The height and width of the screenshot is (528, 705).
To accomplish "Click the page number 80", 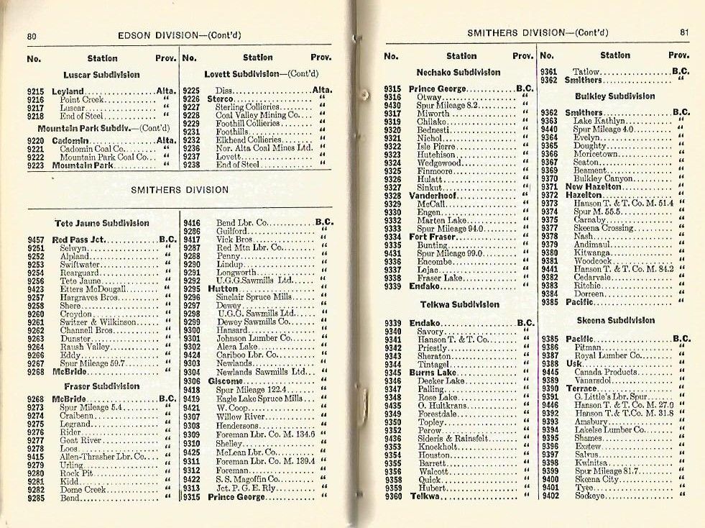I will pos(32,35).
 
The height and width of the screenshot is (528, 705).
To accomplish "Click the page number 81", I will pos(683,32).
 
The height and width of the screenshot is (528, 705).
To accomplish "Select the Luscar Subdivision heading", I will pos(101,75).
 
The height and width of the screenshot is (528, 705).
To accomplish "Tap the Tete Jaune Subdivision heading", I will pos(102,223).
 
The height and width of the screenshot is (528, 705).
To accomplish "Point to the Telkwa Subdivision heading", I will pos(459,304).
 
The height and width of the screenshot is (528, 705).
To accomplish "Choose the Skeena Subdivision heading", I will pos(616,320).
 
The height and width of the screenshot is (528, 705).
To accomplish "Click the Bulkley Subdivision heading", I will pos(615,96).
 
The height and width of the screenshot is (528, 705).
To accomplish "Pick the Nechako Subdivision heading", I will pos(459,72).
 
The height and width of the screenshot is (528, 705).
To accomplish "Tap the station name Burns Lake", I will pos(431,373).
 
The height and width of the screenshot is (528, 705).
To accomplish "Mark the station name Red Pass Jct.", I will pos(80,240).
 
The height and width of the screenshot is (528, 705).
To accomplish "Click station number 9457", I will pos(36,240).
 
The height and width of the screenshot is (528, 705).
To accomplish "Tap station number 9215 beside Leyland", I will pos(36,91).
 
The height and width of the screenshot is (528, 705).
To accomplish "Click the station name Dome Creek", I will pos(84,489).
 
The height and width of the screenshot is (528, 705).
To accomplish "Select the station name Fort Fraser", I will pos(433,237).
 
